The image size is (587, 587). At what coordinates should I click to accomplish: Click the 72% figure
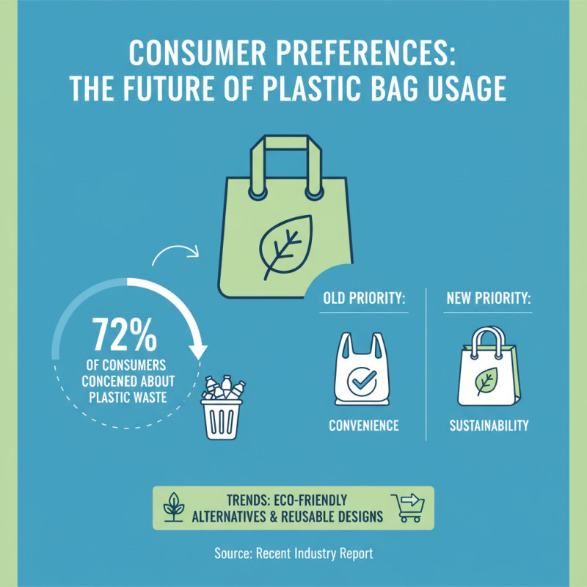point(125,335)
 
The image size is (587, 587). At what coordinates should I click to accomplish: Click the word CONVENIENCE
point(363,426)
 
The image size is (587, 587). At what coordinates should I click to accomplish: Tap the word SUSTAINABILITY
point(489,426)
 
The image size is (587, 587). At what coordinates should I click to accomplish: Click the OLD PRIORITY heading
point(365,299)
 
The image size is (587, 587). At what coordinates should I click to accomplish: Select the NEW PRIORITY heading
point(489,299)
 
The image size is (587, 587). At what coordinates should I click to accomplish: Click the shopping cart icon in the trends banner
point(408,506)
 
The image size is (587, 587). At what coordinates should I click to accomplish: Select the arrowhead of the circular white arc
point(198,351)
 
